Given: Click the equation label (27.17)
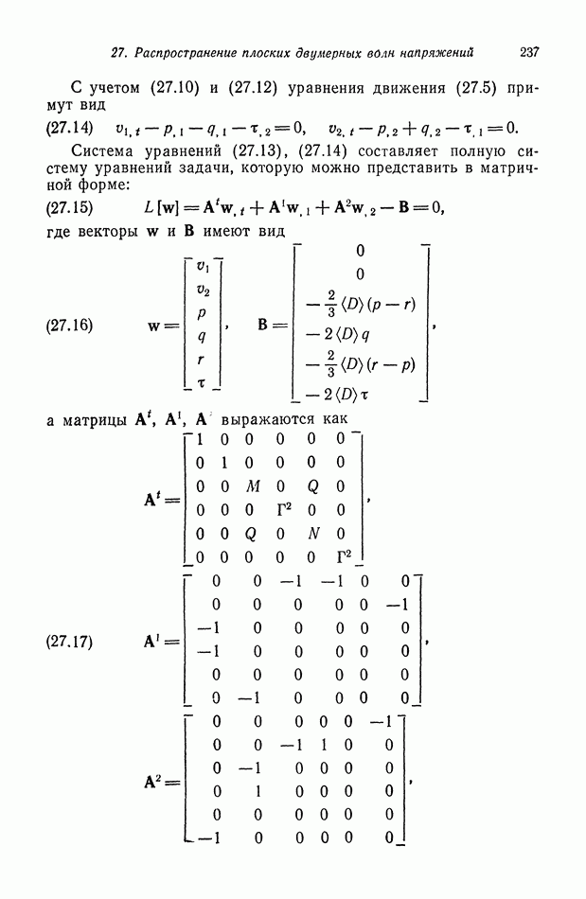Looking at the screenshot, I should (69, 642).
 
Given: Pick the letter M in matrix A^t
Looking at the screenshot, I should (252, 486).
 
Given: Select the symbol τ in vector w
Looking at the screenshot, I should (201, 382).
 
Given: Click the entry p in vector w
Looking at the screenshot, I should (202, 312).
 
